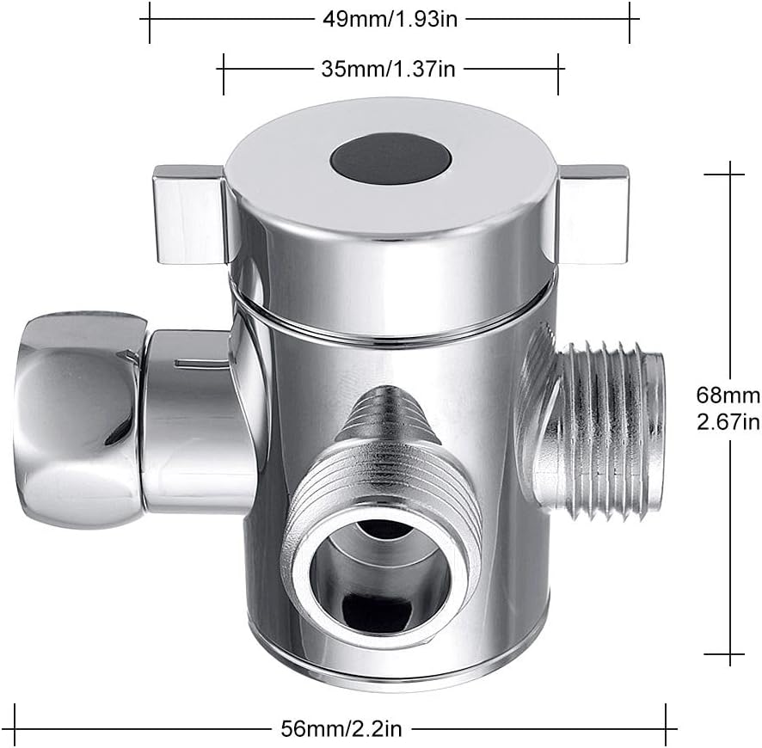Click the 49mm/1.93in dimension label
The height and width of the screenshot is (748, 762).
pos(390,20)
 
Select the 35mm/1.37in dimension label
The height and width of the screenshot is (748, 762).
pos(388,69)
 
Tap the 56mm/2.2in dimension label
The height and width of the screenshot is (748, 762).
pos(341,728)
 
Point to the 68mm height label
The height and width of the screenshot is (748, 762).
pos(728,395)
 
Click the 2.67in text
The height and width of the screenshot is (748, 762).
pos(728,421)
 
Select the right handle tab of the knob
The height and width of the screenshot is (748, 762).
pos(593,214)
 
